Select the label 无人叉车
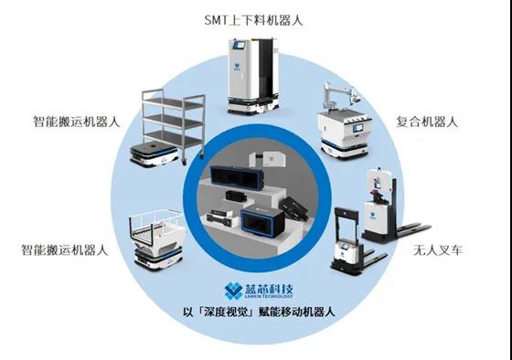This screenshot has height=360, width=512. click(x=443, y=248)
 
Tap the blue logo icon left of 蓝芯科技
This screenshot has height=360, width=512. click(x=228, y=293)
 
